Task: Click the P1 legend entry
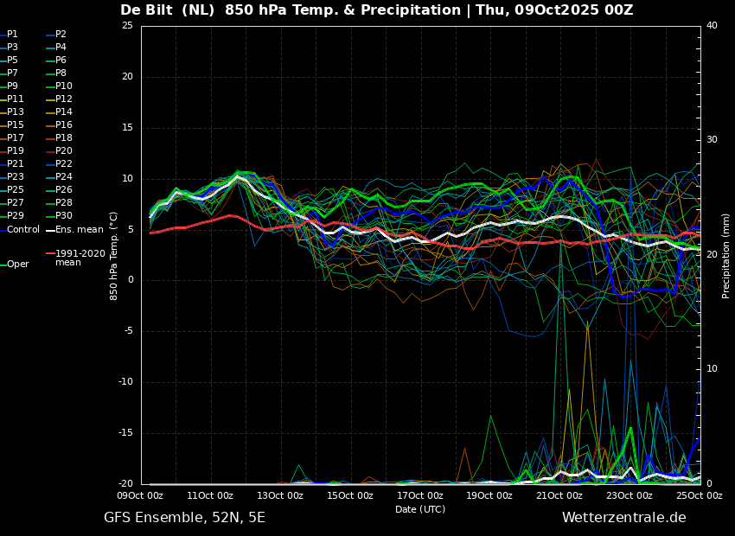point(10,35)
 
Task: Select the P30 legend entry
point(59,215)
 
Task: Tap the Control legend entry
point(20,230)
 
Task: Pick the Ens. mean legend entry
point(74,230)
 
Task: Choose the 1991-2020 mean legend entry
point(75,258)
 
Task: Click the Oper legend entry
point(15,265)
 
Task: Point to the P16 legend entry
point(59,125)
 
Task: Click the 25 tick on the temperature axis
point(127,25)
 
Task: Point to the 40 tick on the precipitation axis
point(712,25)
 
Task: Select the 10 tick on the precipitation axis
point(712,369)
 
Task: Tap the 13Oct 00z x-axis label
point(281,495)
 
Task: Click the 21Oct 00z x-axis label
point(560,495)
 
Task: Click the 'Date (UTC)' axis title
point(420,509)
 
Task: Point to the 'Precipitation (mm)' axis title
point(726,255)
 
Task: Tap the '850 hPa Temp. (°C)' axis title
point(113,256)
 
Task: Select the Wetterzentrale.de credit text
point(624,518)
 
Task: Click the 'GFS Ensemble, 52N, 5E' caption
point(184,518)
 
